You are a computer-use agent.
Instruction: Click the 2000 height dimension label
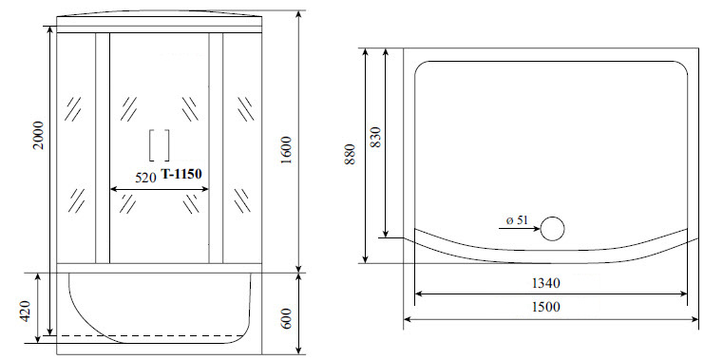pos(39,136)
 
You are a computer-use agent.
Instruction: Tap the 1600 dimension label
pos(287,150)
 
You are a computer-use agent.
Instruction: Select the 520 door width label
pos(145,178)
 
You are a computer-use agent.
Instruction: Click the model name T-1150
pos(181,174)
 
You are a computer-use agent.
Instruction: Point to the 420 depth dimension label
pos(25,311)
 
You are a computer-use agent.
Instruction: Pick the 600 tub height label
pos(287,318)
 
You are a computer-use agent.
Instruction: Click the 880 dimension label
pos(351,154)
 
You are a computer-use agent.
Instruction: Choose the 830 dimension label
pos(376,138)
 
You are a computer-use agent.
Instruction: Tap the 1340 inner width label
pos(546,283)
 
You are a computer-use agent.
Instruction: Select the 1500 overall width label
pos(546,307)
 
